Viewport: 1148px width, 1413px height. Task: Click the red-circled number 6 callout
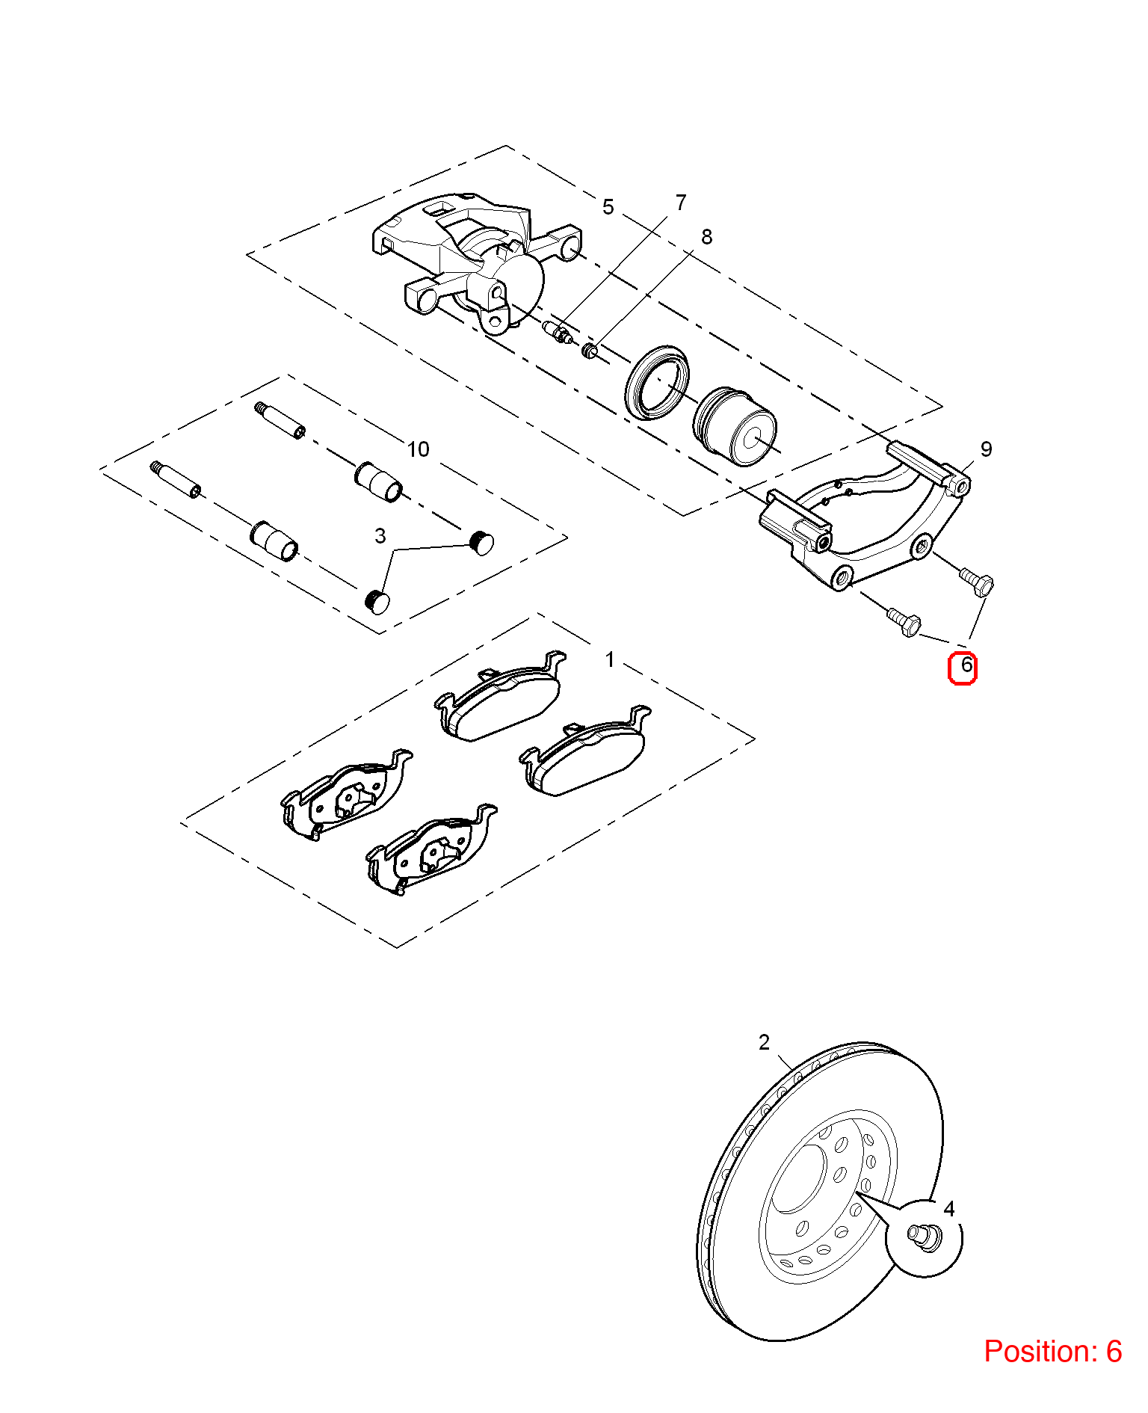(963, 668)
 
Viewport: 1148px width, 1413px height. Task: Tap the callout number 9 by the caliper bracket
(986, 449)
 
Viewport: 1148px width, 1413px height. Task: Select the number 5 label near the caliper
(608, 207)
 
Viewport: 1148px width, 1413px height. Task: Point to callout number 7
(680, 203)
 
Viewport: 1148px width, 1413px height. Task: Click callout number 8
(706, 237)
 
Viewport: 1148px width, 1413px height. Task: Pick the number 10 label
(418, 449)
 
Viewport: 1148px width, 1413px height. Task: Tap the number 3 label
(380, 536)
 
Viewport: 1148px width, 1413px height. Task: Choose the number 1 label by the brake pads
(610, 659)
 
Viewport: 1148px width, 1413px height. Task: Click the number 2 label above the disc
(764, 1042)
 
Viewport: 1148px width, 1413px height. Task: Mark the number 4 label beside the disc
(949, 1208)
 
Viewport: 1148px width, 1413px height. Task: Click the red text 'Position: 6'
(1053, 1351)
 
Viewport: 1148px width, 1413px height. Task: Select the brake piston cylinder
(735, 426)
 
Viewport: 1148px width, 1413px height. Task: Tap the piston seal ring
(657, 383)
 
